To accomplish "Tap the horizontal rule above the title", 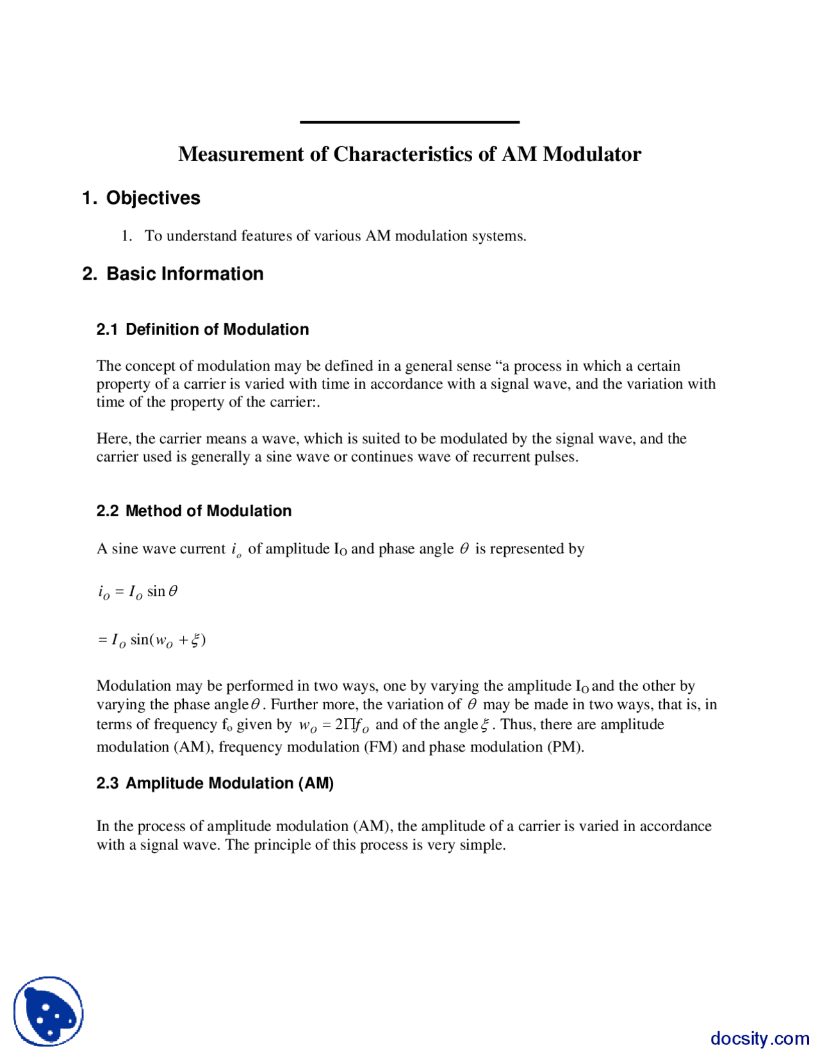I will click(409, 122).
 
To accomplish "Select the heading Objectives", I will click(153, 198).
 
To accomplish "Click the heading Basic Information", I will click(184, 274).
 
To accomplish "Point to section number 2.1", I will click(107, 330).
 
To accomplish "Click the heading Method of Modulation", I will click(208, 511).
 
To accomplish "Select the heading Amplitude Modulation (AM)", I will click(229, 784).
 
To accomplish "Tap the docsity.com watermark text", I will click(759, 1038).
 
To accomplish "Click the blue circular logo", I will click(49, 1011).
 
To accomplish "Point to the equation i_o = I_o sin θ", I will click(138, 592).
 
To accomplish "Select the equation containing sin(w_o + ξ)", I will click(152, 640).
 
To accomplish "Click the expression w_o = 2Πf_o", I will click(334, 726).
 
